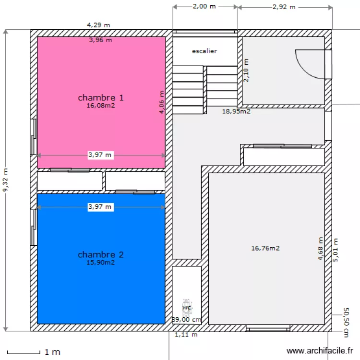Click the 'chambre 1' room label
(101, 97)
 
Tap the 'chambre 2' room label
(101, 254)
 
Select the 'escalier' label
(204, 50)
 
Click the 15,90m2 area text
(101, 263)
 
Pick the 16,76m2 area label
(265, 248)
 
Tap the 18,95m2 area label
(236, 111)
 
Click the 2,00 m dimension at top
(204, 7)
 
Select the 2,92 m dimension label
(284, 7)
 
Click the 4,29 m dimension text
(98, 24)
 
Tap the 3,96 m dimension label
(100, 40)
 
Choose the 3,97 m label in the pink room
(100, 155)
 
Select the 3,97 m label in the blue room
(100, 207)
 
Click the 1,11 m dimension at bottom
(186, 335)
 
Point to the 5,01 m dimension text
(336, 250)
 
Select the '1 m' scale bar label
(52, 352)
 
